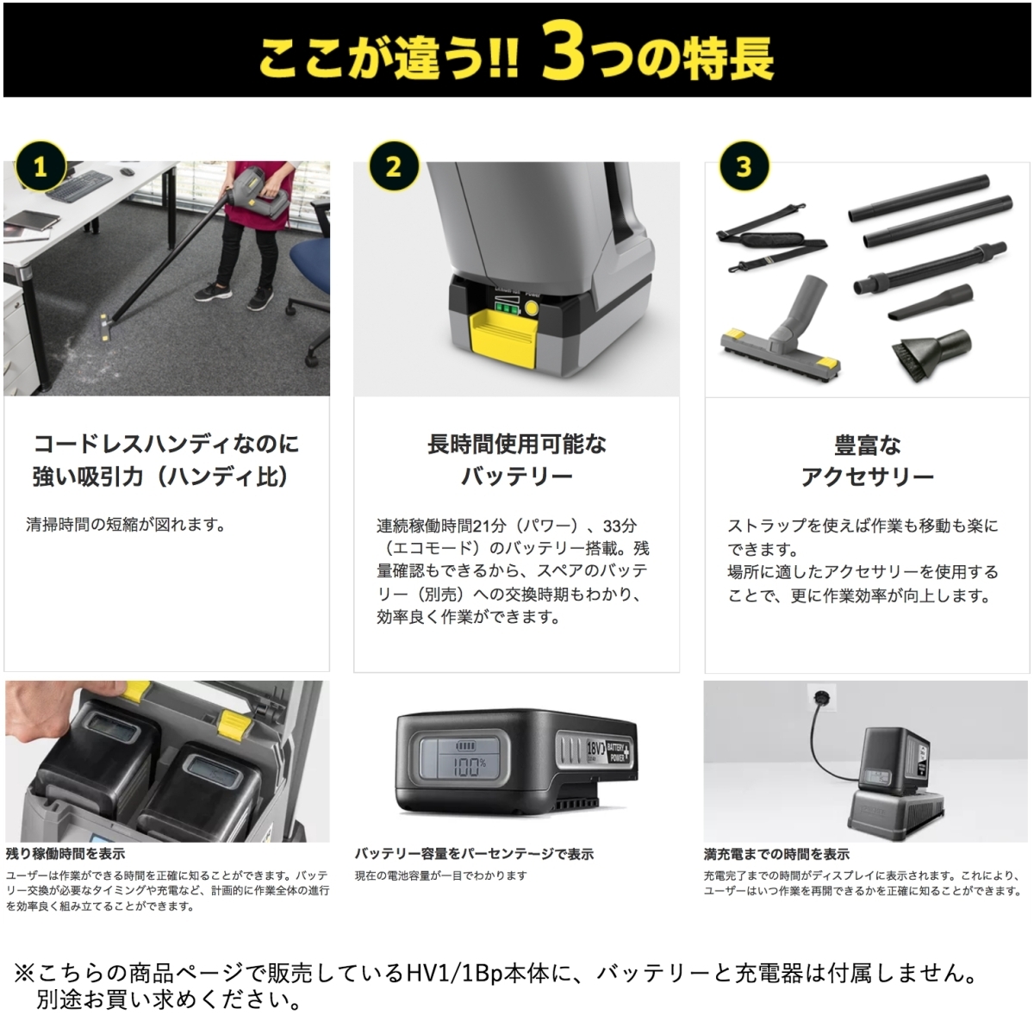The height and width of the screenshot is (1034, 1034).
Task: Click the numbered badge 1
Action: click(x=40, y=167)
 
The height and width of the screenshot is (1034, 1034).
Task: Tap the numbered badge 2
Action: click(x=394, y=166)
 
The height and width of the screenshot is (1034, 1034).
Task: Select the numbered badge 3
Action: click(x=744, y=166)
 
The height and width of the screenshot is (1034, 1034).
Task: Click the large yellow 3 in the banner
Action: click(x=563, y=52)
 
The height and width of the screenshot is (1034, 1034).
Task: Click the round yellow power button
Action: click(x=531, y=308)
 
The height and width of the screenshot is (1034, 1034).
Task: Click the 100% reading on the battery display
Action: click(x=469, y=767)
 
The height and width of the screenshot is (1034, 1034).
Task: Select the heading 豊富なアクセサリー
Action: click(x=867, y=460)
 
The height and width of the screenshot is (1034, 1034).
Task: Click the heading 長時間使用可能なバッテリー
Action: click(x=517, y=460)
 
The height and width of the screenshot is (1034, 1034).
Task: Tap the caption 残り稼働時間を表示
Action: click(x=65, y=853)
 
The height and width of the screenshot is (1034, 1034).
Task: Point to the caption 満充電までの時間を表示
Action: click(x=776, y=854)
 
